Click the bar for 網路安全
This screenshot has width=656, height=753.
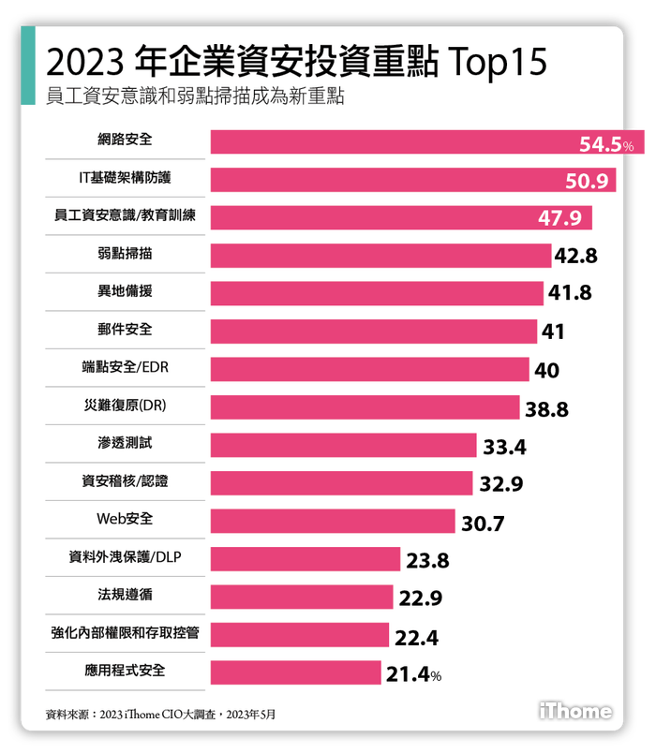[x=394, y=141]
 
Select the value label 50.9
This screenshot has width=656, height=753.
[x=588, y=181]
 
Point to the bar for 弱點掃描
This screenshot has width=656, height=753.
[x=380, y=256]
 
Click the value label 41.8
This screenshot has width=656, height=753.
[x=570, y=293]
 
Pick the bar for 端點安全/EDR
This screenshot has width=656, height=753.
[x=369, y=369]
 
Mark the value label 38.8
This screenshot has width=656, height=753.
[x=546, y=408]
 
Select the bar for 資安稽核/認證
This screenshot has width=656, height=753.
[x=341, y=483]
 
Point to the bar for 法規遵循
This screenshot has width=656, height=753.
[x=301, y=598]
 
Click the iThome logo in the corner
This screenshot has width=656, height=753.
[x=575, y=711]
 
